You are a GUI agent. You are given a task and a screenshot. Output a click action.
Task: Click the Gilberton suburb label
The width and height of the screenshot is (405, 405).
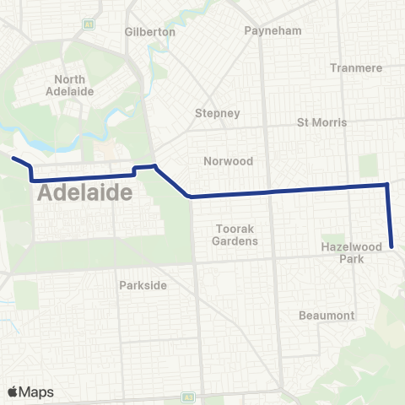[149, 31]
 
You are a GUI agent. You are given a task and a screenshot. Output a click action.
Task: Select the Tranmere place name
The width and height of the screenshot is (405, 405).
[357, 67]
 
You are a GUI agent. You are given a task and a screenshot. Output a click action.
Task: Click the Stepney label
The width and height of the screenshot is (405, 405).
[218, 113]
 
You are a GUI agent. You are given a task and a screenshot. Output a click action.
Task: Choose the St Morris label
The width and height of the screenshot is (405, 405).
[322, 122]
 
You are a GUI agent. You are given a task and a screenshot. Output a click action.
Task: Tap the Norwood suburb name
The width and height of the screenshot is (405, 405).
[224, 160]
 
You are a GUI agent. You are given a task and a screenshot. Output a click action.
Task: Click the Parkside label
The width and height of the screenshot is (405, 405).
[143, 284]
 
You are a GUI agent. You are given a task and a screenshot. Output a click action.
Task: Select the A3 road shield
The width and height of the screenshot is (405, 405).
[189, 397]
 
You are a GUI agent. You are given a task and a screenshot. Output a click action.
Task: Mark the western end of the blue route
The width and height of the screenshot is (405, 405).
[12, 157]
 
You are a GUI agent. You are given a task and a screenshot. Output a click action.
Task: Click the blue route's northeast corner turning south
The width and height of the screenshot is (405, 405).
[387, 184]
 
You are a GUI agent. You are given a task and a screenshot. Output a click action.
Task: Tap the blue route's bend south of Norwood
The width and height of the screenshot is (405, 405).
[192, 197]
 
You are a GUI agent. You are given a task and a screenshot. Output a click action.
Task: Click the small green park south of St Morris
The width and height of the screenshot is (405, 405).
[369, 166]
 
